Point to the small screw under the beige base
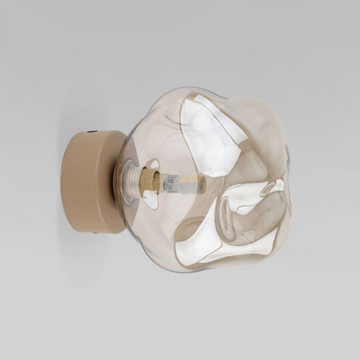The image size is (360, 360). (x=95, y=232)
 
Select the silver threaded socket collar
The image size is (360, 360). (x=130, y=180)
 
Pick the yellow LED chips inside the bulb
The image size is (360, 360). (x=190, y=179)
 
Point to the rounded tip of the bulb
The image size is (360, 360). (x=203, y=184)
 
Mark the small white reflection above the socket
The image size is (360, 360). (x=153, y=163)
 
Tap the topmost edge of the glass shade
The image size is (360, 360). (x=204, y=88)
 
